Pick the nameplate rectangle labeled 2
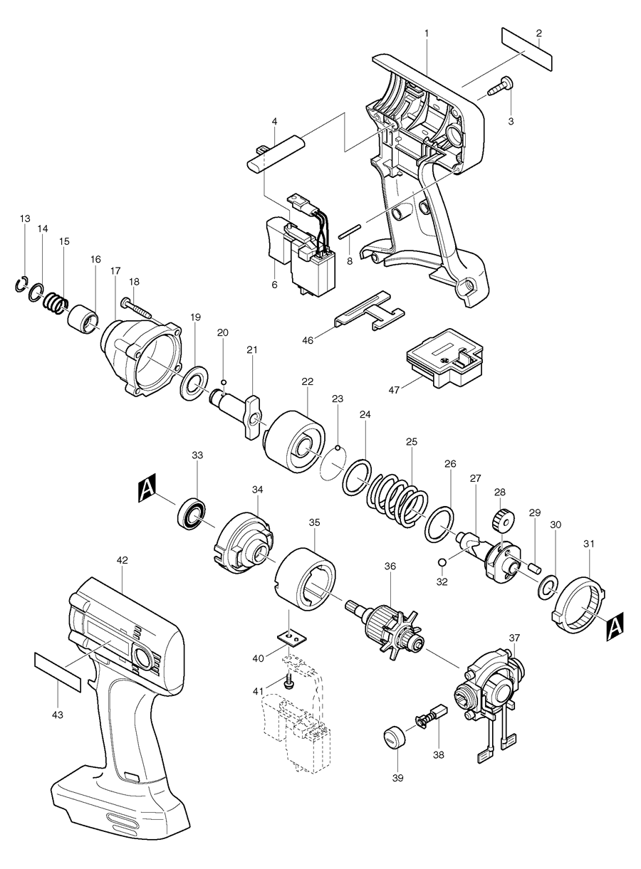tap(527, 49)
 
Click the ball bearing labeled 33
tap(192, 514)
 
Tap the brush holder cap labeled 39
tap(391, 737)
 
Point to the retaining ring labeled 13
tap(22, 285)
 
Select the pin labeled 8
tap(353, 231)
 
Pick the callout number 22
tap(307, 381)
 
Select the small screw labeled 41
tap(291, 683)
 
